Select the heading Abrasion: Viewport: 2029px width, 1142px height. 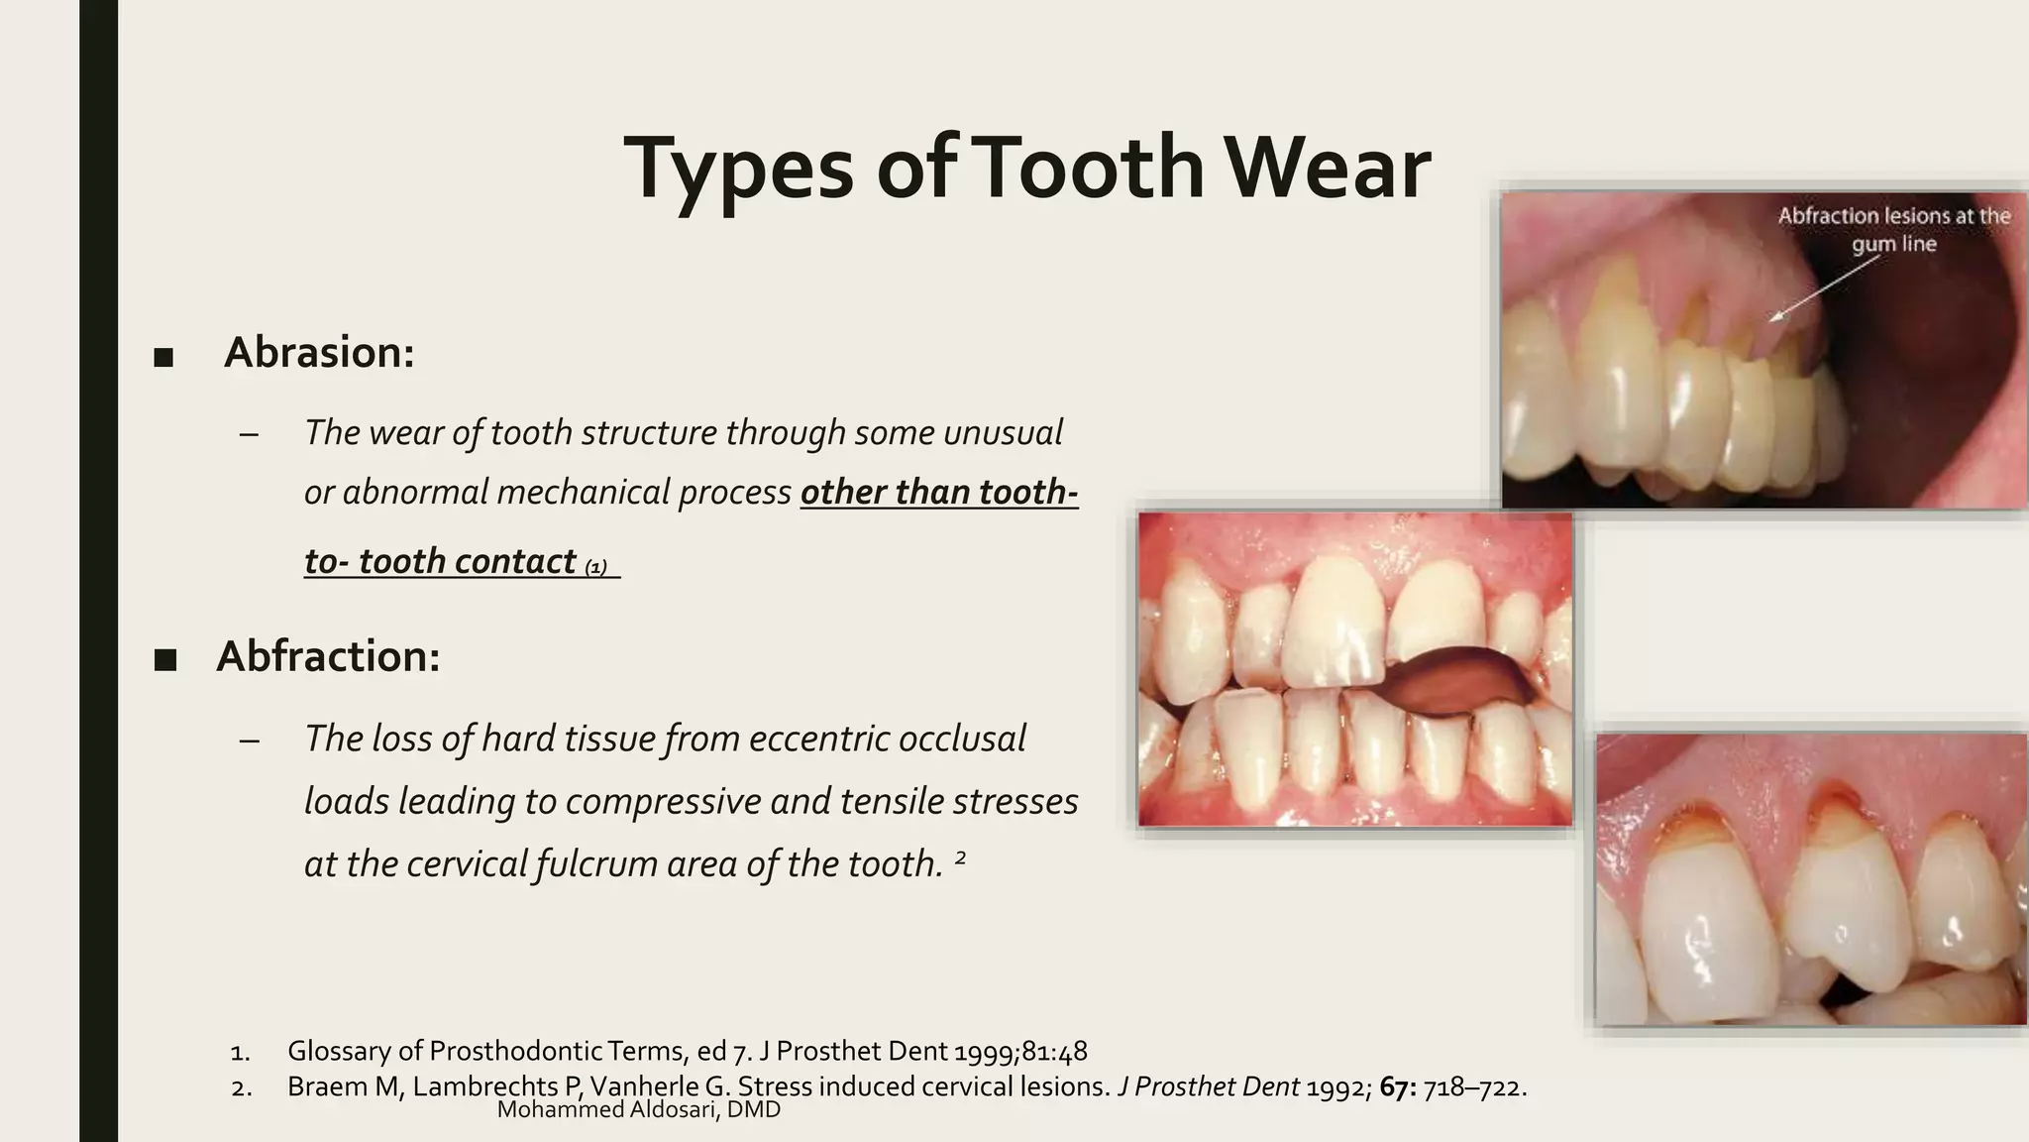click(x=319, y=353)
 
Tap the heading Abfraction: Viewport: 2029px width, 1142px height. click(x=328, y=656)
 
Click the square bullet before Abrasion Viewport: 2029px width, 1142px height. click(x=163, y=358)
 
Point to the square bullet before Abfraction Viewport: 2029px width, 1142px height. click(x=164, y=660)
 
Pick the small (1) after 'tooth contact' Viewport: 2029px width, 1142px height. click(x=595, y=568)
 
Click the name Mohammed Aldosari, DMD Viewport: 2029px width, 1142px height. click(x=638, y=1110)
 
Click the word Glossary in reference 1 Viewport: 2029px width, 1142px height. click(x=338, y=1052)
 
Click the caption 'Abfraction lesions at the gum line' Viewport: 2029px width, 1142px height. click(x=1893, y=230)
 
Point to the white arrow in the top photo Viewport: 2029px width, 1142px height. click(x=1823, y=288)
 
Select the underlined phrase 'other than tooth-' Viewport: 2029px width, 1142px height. click(x=938, y=493)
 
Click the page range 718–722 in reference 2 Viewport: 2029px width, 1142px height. click(x=1472, y=1087)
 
